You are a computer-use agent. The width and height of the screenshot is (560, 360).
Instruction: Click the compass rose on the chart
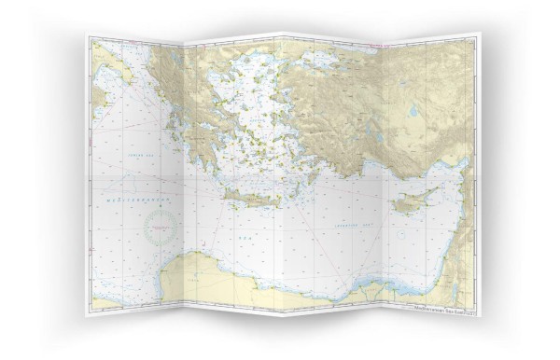tap(161, 227)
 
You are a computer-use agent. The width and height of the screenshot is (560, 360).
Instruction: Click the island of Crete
tap(250, 197)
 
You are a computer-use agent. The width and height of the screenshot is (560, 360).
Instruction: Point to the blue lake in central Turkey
tap(413, 111)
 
